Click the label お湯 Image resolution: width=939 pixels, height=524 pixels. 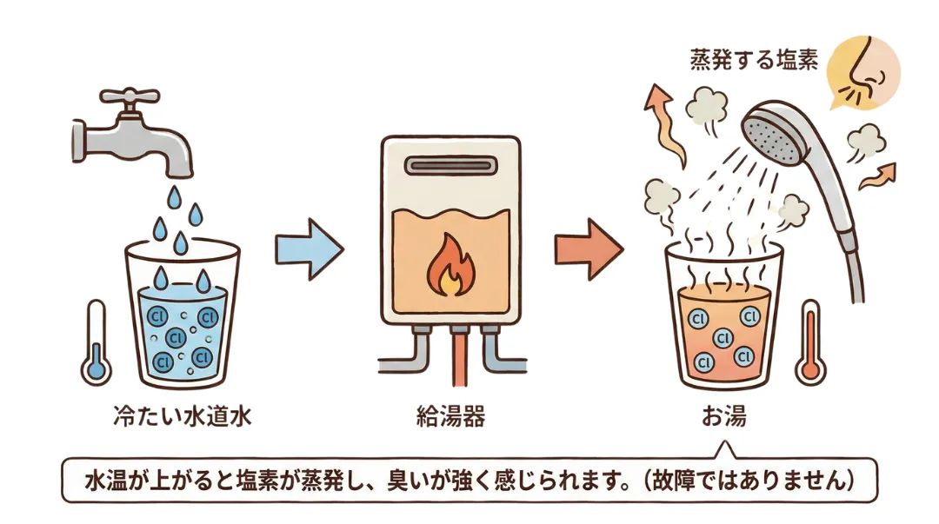tap(723, 416)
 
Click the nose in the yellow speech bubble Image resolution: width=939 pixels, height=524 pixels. tap(864, 70)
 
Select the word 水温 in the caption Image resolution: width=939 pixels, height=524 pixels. tap(104, 479)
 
